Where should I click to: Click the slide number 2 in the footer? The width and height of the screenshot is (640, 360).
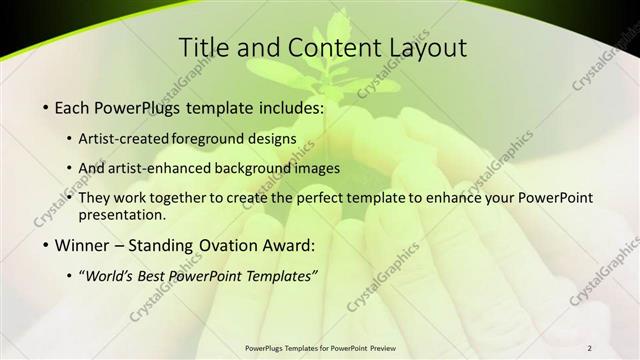(589, 348)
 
